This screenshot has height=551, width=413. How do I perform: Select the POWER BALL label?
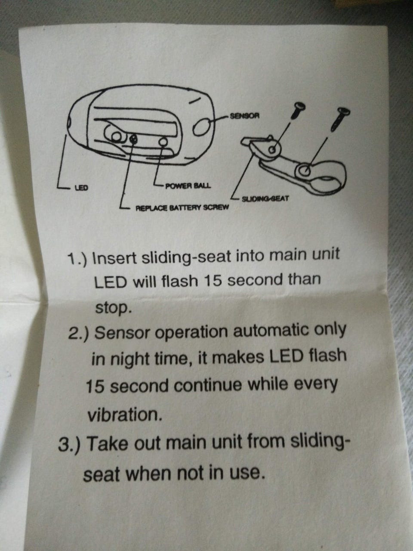(188, 186)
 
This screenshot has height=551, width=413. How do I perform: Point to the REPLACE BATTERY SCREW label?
(182, 207)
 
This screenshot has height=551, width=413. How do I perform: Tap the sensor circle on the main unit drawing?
(202, 128)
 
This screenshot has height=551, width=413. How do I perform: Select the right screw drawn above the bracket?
(339, 119)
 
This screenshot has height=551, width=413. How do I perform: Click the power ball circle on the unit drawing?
(163, 142)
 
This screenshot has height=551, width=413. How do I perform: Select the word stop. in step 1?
(113, 308)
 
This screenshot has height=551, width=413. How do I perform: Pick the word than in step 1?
(304, 279)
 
